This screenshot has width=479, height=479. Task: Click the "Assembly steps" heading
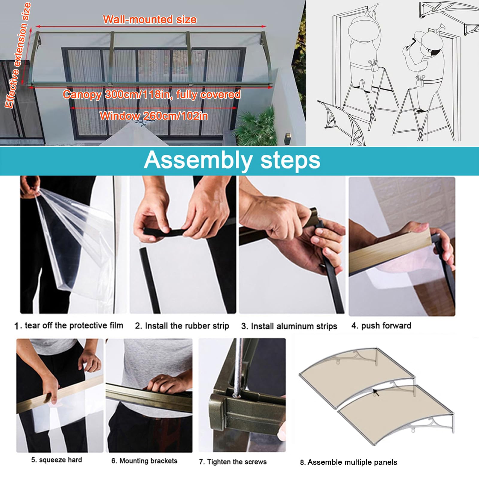232,161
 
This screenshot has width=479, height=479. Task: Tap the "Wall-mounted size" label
150,19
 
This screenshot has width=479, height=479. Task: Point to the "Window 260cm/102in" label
154,116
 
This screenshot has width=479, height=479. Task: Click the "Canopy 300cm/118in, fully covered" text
151,94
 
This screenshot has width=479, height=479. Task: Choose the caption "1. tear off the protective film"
69,325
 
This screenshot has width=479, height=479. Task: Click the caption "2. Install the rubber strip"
182,326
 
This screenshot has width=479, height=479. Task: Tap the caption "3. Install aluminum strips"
289,326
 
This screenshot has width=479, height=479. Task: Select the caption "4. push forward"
381,326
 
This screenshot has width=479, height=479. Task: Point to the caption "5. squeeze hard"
57,460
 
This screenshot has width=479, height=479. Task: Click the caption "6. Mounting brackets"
144,461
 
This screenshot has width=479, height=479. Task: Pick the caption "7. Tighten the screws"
233,462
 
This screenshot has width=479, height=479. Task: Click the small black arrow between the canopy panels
376,392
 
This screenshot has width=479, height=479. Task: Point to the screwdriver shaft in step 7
238,368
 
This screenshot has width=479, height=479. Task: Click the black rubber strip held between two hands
163,232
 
